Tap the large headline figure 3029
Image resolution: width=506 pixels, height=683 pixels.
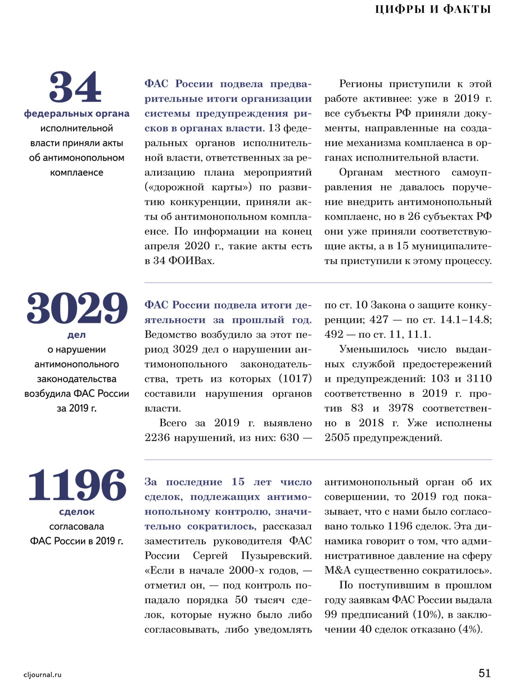(76, 310)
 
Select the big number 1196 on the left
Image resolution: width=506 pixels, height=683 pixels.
(76, 485)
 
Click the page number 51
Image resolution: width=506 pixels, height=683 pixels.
(485, 673)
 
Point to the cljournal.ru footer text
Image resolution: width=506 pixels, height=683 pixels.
(43, 674)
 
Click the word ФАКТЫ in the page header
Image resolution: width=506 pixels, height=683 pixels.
(467, 9)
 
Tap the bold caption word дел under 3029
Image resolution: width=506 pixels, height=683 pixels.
(76, 335)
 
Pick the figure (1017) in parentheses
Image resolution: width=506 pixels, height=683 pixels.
(292, 378)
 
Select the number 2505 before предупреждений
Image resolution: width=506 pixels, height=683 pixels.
(337, 438)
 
